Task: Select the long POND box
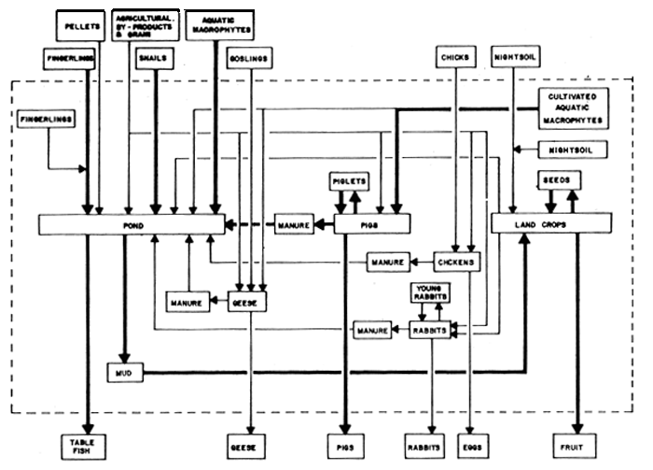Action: pyautogui.click(x=131, y=224)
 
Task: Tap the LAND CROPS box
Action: pyautogui.click(x=551, y=224)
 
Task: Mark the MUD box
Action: pyautogui.click(x=122, y=372)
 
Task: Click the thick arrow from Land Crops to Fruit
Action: pyautogui.click(x=579, y=327)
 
